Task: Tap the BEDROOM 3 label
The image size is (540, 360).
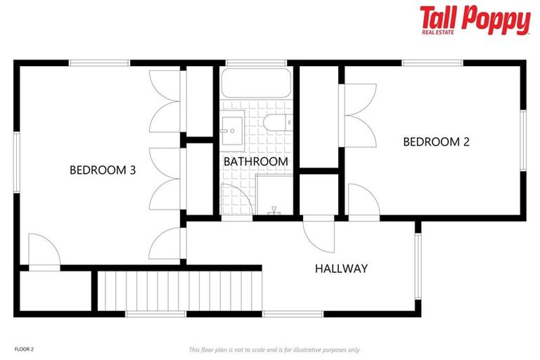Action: [103, 169]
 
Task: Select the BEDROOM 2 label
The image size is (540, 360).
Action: [436, 142]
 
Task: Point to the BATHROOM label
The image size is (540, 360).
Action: [255, 162]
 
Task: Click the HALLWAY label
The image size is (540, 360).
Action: [341, 268]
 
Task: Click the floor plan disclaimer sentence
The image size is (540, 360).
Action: [274, 349]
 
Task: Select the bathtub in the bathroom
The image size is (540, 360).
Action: [256, 84]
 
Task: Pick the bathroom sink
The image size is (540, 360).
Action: [231, 130]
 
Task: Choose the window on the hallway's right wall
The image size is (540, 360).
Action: [417, 265]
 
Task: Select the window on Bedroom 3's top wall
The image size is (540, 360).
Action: [98, 63]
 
